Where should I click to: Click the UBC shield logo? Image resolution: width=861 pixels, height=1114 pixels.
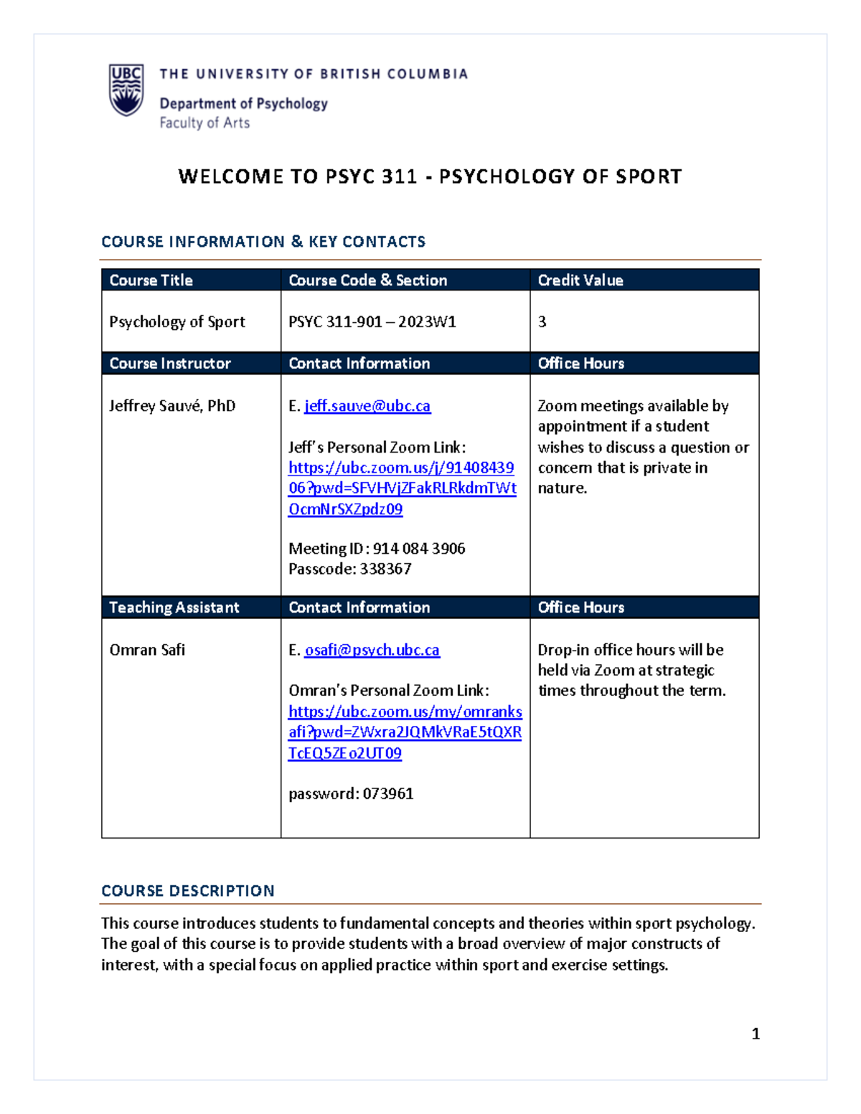point(126,90)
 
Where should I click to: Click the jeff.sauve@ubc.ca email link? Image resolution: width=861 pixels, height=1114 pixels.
point(367,406)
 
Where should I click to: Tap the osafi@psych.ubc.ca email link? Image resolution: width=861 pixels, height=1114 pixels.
point(372,650)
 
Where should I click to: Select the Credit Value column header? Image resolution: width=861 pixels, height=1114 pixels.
point(580,280)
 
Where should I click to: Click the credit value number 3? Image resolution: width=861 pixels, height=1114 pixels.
point(542,322)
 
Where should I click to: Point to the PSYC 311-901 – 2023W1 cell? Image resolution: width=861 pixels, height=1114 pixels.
point(372,322)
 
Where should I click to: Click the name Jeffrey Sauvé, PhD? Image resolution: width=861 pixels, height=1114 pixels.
point(172,406)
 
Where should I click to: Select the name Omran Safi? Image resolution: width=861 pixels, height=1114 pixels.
point(147,650)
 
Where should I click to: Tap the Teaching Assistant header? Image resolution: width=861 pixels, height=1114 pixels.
point(174,608)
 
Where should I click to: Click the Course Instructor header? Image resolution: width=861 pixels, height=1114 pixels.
point(170,364)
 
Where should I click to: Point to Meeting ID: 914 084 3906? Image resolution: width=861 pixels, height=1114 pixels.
point(377,549)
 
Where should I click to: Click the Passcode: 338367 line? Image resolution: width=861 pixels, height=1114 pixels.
point(350,570)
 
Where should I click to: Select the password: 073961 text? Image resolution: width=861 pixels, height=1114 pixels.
point(351,794)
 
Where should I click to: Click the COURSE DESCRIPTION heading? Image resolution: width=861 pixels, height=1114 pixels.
point(188,891)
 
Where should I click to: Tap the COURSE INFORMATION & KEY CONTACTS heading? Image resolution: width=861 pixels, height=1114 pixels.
point(263,242)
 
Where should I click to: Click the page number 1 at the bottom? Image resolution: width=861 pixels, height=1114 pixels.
point(756,1034)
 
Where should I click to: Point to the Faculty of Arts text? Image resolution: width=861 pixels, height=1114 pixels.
point(204,123)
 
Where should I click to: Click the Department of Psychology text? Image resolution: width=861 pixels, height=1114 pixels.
point(243,104)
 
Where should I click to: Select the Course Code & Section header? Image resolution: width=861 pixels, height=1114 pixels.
point(367,280)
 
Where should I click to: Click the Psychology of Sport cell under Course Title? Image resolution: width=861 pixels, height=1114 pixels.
point(177,322)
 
